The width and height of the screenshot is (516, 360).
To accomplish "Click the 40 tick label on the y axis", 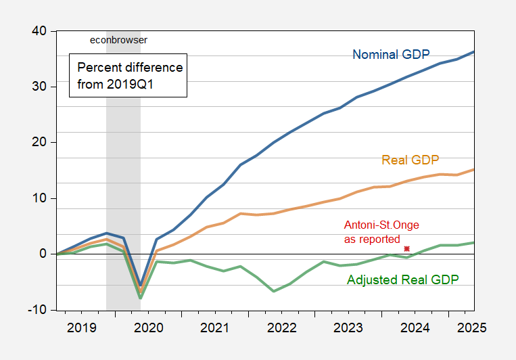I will point(38,31).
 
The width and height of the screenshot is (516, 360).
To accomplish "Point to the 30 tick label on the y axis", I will point(38,87).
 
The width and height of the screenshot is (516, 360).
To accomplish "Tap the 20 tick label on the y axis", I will point(38,143).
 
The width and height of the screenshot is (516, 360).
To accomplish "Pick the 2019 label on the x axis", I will point(81,328).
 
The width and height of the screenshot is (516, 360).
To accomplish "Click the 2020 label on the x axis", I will point(149,328).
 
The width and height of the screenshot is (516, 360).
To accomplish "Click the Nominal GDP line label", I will point(392,54).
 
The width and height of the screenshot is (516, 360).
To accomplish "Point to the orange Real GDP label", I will point(411,160).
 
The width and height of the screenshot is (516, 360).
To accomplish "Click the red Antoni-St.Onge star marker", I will point(406,248).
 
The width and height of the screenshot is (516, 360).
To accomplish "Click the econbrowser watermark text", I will point(118,40).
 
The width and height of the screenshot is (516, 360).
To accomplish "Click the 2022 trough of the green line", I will point(274,291).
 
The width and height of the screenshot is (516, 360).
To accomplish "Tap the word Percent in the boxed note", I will point(97,68).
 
